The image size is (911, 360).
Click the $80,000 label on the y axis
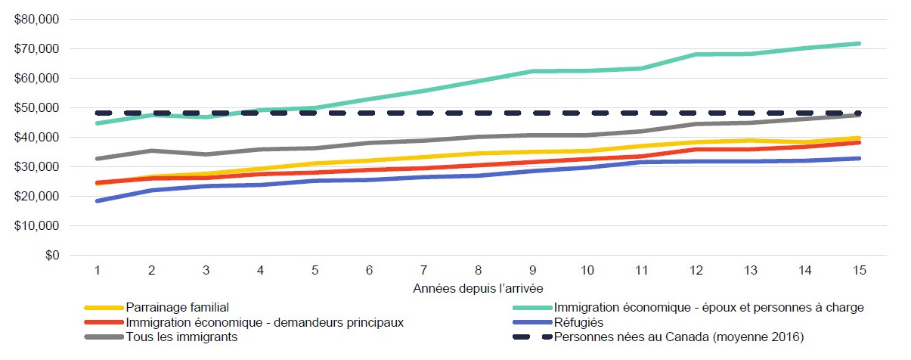(x=37, y=20)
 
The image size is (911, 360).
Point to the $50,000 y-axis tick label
(x=37, y=108)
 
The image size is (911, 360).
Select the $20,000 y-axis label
(x=37, y=197)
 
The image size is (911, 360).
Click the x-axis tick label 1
(x=98, y=271)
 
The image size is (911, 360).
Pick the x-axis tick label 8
(x=478, y=271)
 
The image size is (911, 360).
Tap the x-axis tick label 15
(x=858, y=271)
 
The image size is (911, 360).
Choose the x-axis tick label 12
(x=696, y=271)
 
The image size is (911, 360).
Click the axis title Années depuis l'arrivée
(x=477, y=289)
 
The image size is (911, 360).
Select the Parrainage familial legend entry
(x=178, y=308)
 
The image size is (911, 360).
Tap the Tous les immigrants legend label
(x=181, y=337)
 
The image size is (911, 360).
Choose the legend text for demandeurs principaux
(x=265, y=322)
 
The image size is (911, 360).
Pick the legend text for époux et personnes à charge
(x=708, y=308)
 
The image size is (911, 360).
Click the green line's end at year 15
(x=858, y=44)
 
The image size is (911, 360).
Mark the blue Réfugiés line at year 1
(x=98, y=200)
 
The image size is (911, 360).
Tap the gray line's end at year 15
(x=858, y=115)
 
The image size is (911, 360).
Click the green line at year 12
(x=696, y=54)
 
